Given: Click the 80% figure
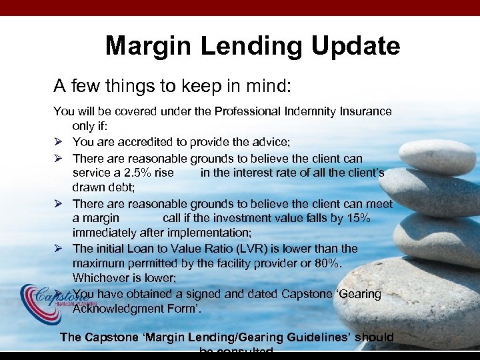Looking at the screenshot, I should point(327,263).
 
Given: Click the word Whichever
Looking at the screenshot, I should point(100,278).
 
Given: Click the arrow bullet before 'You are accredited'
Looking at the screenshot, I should point(58,142).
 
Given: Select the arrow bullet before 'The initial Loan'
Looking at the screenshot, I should point(58,249).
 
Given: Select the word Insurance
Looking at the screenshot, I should point(363,111).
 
